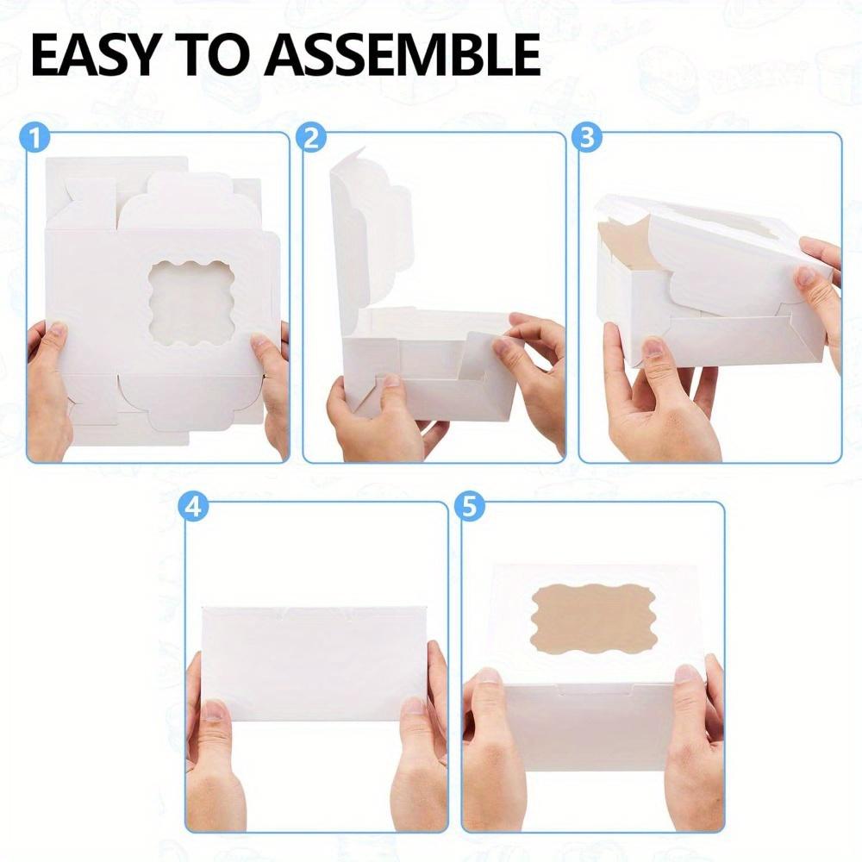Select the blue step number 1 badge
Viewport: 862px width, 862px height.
37,137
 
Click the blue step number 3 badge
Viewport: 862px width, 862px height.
589,137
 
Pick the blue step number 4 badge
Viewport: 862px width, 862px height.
195,508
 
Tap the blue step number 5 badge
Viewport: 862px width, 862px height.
470,508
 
